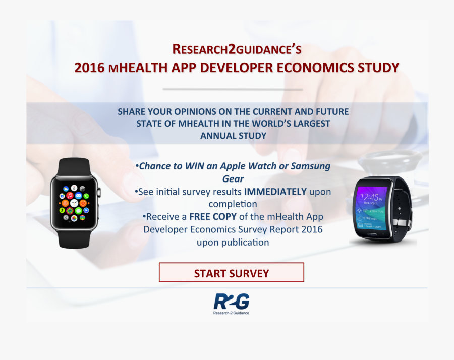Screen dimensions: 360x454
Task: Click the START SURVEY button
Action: [x=232, y=273]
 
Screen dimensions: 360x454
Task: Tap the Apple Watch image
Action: [x=74, y=203]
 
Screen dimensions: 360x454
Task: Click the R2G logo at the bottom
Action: [x=232, y=302]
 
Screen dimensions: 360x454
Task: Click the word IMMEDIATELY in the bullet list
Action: [x=275, y=192]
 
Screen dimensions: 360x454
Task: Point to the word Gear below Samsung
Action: [x=233, y=178]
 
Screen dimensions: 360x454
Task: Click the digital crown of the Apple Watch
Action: [x=99, y=192]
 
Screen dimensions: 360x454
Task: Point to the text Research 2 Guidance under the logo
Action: [x=232, y=313]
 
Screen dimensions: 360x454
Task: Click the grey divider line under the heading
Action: [x=233, y=90]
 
